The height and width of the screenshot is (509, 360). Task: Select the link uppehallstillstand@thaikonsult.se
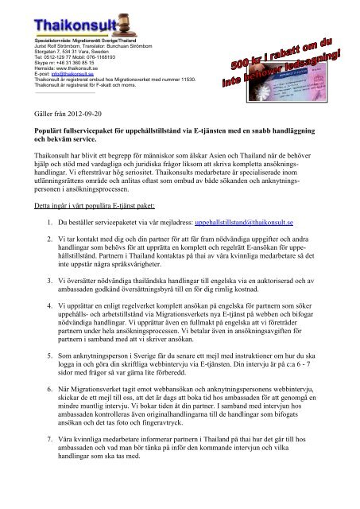[x=240, y=235]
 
